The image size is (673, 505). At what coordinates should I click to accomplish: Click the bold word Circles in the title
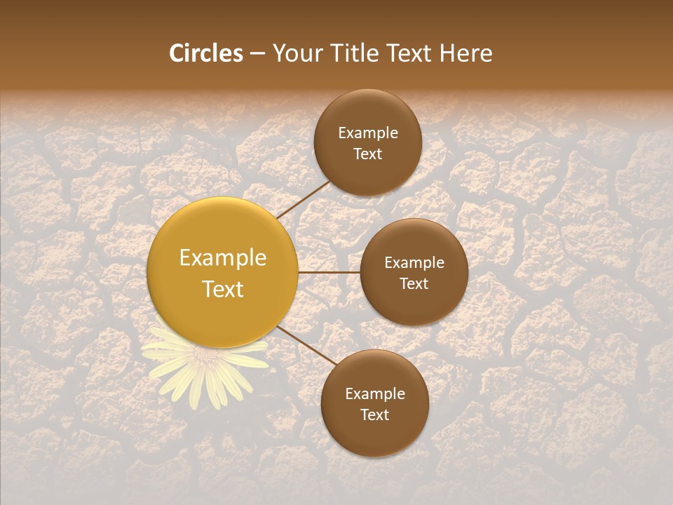point(205,53)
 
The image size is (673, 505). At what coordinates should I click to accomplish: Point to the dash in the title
point(257,53)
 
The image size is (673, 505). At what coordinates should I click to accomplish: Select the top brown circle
point(367,142)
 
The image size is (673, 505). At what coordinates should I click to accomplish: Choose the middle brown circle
point(414,272)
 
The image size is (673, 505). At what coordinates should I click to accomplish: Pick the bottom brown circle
point(374,403)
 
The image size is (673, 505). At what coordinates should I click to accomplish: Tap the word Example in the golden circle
point(223,258)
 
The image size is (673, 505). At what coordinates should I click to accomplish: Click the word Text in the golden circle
point(223,289)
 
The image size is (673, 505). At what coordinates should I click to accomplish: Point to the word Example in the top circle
point(368,133)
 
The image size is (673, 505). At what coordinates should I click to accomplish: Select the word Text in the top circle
point(368,154)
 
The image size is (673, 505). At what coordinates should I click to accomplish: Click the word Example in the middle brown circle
point(414,263)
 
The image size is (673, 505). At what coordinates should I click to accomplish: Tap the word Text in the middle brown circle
point(414,283)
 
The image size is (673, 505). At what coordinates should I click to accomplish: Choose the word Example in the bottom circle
point(375,394)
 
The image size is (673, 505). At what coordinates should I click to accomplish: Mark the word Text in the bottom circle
point(375,415)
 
